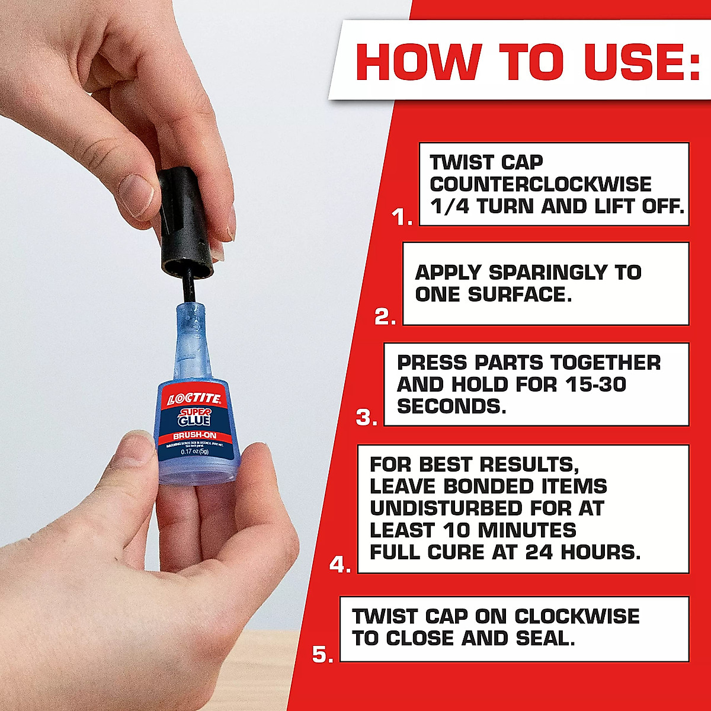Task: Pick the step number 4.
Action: [341, 565]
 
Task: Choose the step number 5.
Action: [323, 655]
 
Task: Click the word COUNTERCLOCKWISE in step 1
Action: [540, 184]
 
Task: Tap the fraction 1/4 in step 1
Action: [450, 206]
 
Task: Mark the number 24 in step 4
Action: [539, 552]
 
